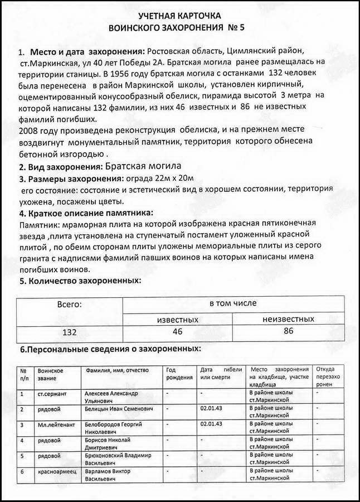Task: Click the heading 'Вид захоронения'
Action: (60, 167)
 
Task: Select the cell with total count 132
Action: (70, 332)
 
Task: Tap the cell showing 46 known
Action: (177, 332)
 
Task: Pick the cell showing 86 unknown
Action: (288, 331)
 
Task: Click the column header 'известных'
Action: (177, 319)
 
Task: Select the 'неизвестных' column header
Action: (288, 319)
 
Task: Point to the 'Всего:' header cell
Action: (70, 305)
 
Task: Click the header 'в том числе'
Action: (232, 303)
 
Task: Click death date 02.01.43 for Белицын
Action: (211, 409)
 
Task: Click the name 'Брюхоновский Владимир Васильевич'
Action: (116, 459)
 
